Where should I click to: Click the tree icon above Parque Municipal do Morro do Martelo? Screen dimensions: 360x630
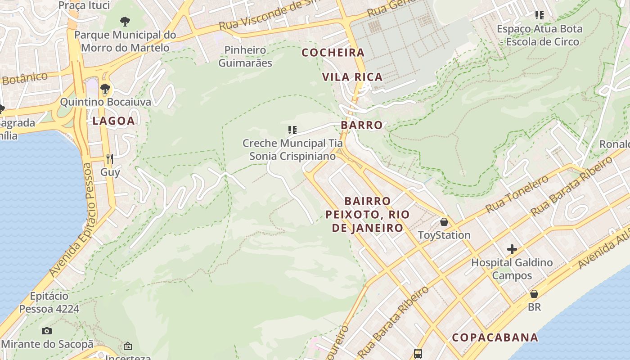[x=125, y=21]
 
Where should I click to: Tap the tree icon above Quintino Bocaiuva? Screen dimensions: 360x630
[x=105, y=88]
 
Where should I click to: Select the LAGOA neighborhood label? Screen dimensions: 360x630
[x=113, y=121]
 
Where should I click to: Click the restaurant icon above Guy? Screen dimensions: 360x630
[x=109, y=158]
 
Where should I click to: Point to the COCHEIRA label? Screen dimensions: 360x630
[x=333, y=53]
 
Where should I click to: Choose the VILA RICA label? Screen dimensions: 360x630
[x=352, y=77]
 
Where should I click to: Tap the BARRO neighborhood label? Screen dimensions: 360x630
[x=362, y=125]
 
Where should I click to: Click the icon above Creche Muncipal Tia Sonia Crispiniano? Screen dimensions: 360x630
[x=292, y=130]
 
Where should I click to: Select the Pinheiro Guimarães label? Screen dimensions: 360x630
[x=245, y=56]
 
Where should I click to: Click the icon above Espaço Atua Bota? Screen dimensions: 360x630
[x=540, y=15]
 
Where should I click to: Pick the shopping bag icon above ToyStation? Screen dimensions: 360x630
[x=444, y=222]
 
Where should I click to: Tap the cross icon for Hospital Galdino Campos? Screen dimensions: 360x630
[x=512, y=249]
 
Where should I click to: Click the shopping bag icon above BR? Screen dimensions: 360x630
[x=534, y=294]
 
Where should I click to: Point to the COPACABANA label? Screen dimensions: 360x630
[x=495, y=337]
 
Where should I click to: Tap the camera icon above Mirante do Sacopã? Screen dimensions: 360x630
[x=47, y=331]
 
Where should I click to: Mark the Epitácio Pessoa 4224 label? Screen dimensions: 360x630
[x=49, y=302]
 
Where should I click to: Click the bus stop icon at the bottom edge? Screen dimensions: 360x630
[x=418, y=353]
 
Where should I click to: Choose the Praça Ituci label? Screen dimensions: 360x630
[x=84, y=5]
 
